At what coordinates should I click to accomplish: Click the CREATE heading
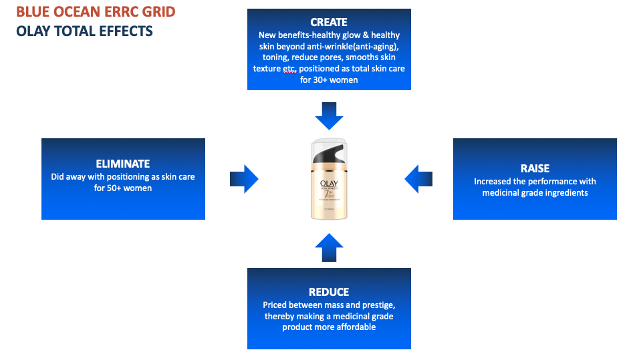(329, 23)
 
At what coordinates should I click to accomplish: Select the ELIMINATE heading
(123, 164)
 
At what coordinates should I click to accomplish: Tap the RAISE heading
(535, 168)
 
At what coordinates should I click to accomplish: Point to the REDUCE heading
(329, 292)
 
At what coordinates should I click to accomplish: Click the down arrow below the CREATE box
(329, 115)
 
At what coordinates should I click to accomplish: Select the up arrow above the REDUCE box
(329, 246)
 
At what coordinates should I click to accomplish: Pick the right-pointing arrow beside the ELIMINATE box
(244, 179)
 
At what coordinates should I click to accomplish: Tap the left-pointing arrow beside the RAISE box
(418, 179)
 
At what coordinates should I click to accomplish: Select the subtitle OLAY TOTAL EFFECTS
(84, 31)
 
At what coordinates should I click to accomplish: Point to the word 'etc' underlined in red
(289, 69)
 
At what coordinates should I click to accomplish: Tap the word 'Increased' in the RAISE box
(493, 181)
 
